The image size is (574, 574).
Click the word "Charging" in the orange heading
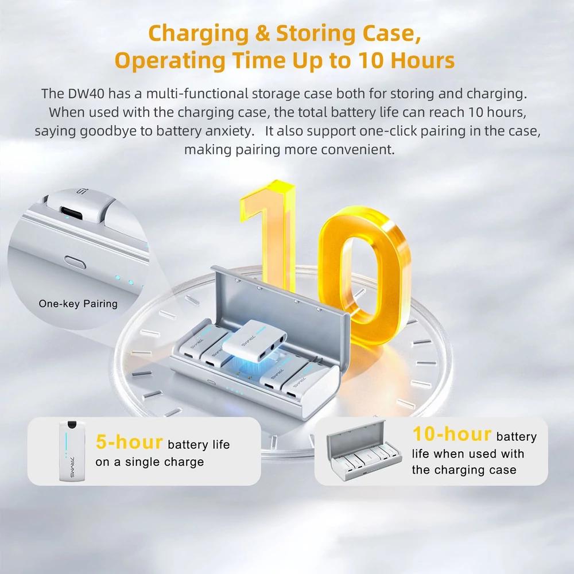199,34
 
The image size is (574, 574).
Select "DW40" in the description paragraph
86,94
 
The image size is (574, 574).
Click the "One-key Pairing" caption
78,304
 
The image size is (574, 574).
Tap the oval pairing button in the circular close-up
75,262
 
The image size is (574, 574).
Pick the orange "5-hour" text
129,442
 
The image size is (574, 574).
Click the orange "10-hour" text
452,434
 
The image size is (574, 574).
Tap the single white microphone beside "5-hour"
72,451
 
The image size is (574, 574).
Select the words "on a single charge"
149,462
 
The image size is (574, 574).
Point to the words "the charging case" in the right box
464,470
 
